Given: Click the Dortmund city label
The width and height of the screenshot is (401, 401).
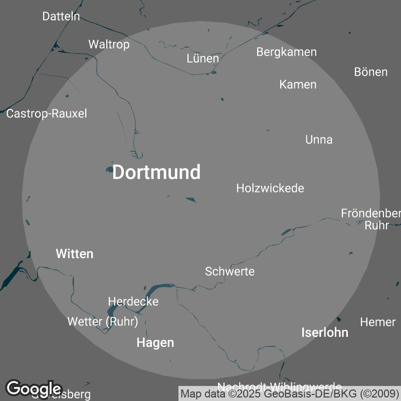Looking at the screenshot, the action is [x=156, y=172].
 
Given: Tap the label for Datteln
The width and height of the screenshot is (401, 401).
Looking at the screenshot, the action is [x=61, y=17].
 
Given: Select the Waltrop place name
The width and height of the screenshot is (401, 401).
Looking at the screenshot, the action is [x=109, y=45].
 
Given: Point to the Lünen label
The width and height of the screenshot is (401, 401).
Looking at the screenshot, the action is [x=203, y=59].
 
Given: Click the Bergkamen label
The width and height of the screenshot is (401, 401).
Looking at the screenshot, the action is [x=286, y=52].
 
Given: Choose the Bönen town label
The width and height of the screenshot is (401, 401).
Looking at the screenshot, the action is [x=370, y=72].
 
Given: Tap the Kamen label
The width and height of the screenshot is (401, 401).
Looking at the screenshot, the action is [x=298, y=85].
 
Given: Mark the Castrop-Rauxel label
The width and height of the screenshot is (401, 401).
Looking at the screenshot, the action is [x=47, y=114].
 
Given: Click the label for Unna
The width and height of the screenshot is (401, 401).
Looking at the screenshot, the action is [x=319, y=140].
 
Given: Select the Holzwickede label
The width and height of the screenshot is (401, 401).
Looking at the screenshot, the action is [x=270, y=188].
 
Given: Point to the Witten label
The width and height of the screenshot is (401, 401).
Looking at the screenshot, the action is [x=75, y=254].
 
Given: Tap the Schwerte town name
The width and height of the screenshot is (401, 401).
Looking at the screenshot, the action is [x=230, y=272].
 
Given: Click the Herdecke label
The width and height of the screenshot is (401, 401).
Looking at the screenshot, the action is [x=133, y=302].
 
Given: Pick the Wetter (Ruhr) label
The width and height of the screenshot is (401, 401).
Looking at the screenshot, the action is [x=103, y=322].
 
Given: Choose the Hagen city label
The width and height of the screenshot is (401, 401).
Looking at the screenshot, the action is [x=155, y=343].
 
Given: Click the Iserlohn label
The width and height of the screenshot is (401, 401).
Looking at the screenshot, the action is [x=325, y=332].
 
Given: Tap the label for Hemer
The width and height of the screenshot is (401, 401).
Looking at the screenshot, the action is [x=378, y=322].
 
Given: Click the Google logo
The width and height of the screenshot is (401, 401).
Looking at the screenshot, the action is [x=34, y=388].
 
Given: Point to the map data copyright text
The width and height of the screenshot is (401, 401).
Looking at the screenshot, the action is [x=290, y=393].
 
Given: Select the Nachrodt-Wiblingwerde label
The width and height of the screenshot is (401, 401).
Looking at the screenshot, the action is [x=279, y=386].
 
